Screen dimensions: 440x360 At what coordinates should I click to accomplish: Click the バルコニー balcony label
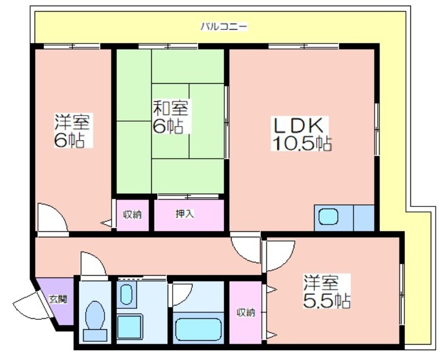[224, 26]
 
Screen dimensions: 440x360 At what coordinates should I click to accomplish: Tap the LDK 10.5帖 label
[301, 134]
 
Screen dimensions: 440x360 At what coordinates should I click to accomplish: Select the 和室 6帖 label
[170, 117]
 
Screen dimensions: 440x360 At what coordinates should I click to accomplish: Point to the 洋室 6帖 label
[72, 131]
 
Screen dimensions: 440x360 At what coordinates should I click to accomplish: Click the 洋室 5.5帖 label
[326, 292]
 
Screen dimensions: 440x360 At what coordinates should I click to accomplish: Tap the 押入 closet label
[184, 214]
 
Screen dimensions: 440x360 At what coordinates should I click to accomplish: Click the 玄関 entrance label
[58, 299]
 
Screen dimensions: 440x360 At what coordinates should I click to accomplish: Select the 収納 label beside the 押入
[133, 215]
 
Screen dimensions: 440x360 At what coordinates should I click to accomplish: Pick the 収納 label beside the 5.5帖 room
[246, 312]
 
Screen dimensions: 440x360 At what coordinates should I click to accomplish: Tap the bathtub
[198, 330]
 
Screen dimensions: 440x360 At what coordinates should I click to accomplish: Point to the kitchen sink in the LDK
[328, 217]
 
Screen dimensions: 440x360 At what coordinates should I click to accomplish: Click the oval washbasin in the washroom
[127, 294]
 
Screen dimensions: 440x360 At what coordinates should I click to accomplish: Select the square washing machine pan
[130, 327]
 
